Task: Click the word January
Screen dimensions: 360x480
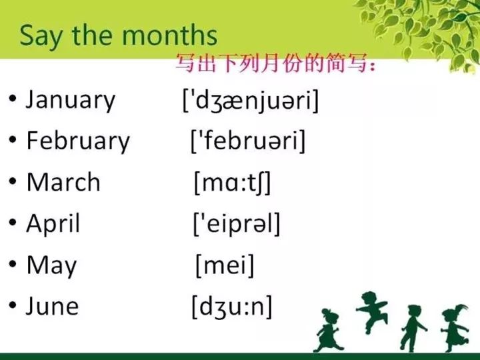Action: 70,100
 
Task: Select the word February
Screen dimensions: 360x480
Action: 77,141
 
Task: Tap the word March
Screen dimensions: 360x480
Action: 63,182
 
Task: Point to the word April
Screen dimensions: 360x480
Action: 53,223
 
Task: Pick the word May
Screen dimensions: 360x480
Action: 51,265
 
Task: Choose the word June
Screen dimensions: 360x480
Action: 52,307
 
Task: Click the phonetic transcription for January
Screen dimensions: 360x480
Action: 251,101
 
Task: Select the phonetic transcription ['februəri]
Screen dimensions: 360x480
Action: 248,141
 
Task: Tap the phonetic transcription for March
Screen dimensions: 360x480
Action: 233,183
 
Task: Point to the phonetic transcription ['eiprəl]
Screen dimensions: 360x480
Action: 237,224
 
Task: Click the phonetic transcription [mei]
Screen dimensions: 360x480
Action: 225,265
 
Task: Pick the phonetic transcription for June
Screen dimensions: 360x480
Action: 232,307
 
